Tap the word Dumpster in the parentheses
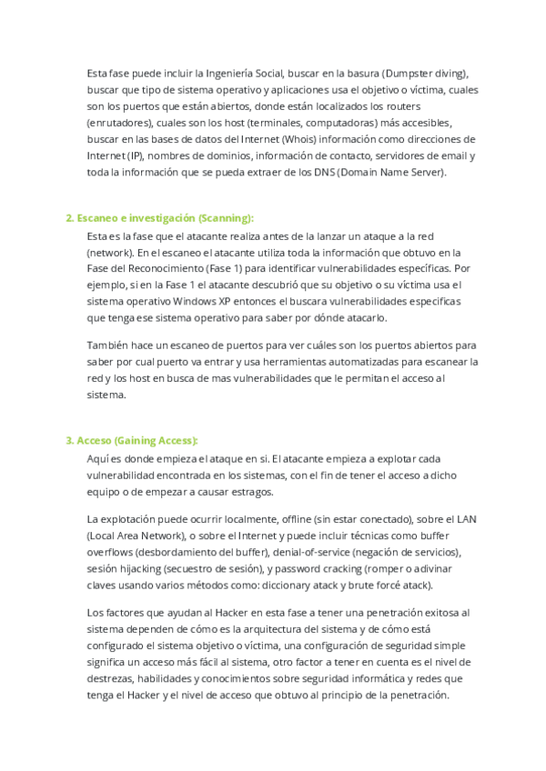click(x=409, y=74)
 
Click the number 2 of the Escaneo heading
click(x=69, y=218)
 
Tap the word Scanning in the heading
click(x=225, y=218)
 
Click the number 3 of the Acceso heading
click(x=69, y=441)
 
